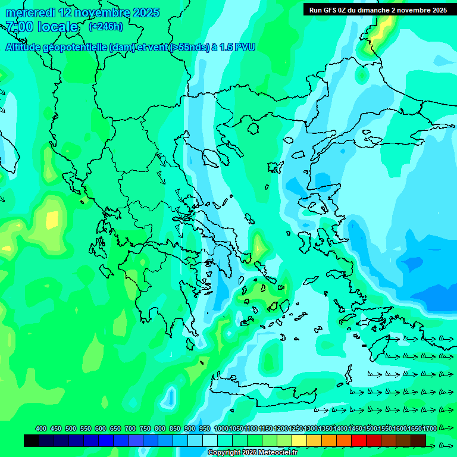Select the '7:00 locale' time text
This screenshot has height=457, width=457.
[x=42, y=27]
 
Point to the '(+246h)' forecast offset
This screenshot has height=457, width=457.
[x=106, y=26]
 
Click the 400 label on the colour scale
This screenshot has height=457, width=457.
[x=40, y=428]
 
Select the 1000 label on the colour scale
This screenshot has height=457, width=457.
[x=221, y=428]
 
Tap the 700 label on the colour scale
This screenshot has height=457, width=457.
[x=130, y=428]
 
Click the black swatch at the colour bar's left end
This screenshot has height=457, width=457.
[x=32, y=440]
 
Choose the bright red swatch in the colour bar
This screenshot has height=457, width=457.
[x=358, y=440]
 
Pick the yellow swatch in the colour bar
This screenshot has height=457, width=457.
[x=299, y=440]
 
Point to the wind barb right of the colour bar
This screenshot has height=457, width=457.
[x=443, y=445]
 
